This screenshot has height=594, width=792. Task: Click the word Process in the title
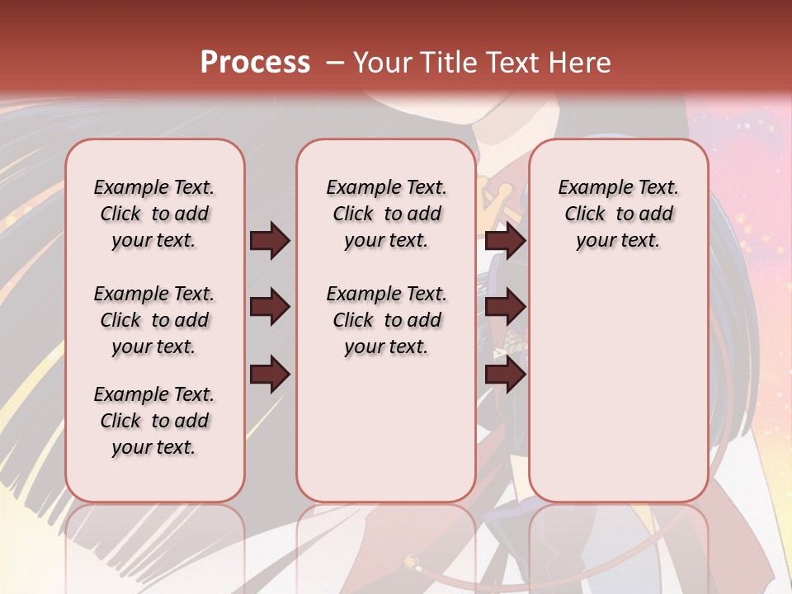[255, 63]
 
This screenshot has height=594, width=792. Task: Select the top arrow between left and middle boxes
[270, 240]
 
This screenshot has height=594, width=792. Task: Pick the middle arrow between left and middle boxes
[270, 308]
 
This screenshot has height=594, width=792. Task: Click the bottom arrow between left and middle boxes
[270, 375]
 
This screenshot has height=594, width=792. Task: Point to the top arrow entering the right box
[506, 240]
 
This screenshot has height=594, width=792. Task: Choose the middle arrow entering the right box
[506, 308]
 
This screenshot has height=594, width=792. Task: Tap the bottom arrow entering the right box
[506, 375]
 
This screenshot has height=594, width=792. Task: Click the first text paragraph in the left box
[154, 214]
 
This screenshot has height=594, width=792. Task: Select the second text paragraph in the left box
[154, 320]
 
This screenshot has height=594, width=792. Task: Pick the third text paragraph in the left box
[154, 421]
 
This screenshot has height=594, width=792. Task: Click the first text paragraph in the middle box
[386, 214]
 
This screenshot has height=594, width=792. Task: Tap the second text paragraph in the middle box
[386, 320]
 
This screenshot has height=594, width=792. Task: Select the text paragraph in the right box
[618, 214]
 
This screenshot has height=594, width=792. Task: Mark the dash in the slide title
[335, 63]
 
